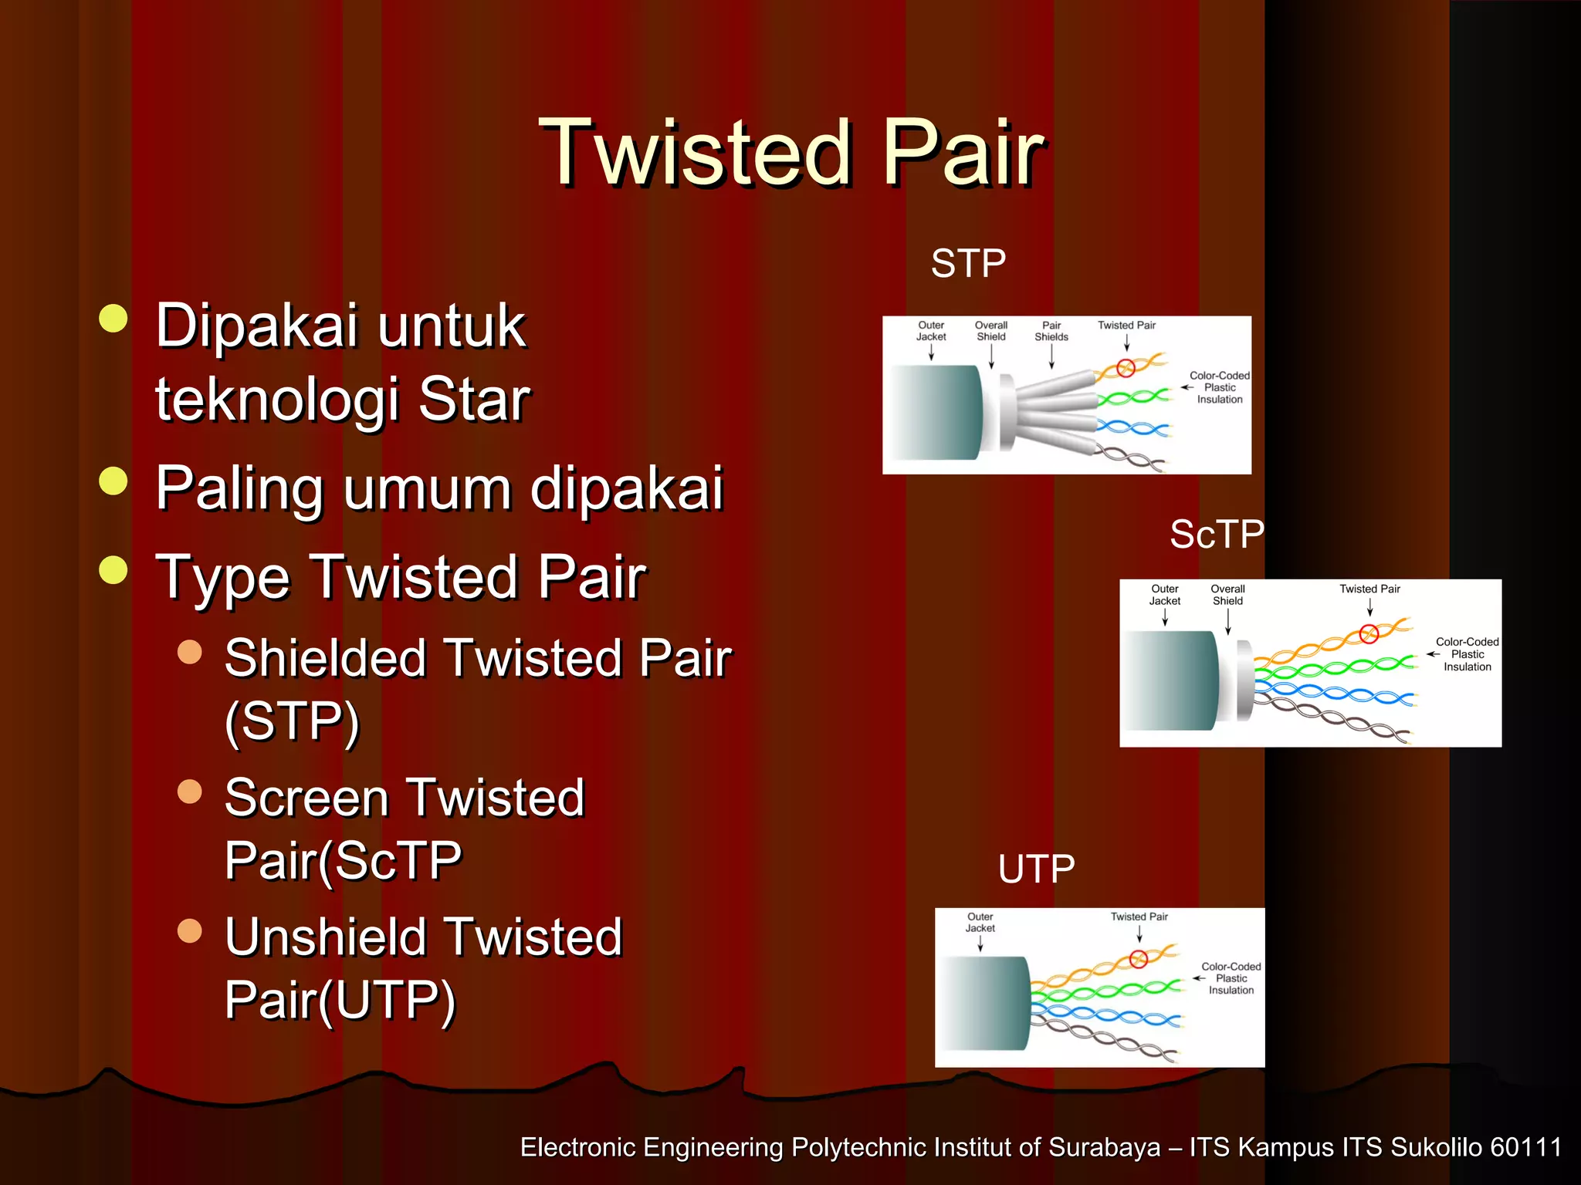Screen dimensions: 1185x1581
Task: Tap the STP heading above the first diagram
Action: coord(968,264)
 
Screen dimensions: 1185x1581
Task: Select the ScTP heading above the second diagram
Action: coord(1217,534)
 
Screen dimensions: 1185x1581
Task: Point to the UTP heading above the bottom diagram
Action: coord(1036,869)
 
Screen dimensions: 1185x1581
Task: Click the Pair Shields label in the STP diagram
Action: coord(1051,331)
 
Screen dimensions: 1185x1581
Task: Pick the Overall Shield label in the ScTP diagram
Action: coord(1227,595)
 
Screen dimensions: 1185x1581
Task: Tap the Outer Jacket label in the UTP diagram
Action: coord(980,923)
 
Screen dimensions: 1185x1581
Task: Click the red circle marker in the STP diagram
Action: coord(1126,368)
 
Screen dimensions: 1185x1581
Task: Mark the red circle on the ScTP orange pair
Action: coord(1369,634)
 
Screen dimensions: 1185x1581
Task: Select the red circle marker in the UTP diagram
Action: coord(1138,959)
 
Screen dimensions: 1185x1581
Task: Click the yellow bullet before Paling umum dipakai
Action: coord(113,481)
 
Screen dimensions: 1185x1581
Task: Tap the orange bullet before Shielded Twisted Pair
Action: coord(189,652)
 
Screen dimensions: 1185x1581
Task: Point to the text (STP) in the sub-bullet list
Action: coord(292,721)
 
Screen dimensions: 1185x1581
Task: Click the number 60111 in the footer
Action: coord(1525,1147)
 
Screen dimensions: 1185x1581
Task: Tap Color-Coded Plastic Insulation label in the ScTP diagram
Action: coord(1467,654)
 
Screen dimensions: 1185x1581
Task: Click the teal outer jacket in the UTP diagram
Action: coord(984,1003)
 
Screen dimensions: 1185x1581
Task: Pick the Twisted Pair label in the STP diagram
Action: coord(1126,326)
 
